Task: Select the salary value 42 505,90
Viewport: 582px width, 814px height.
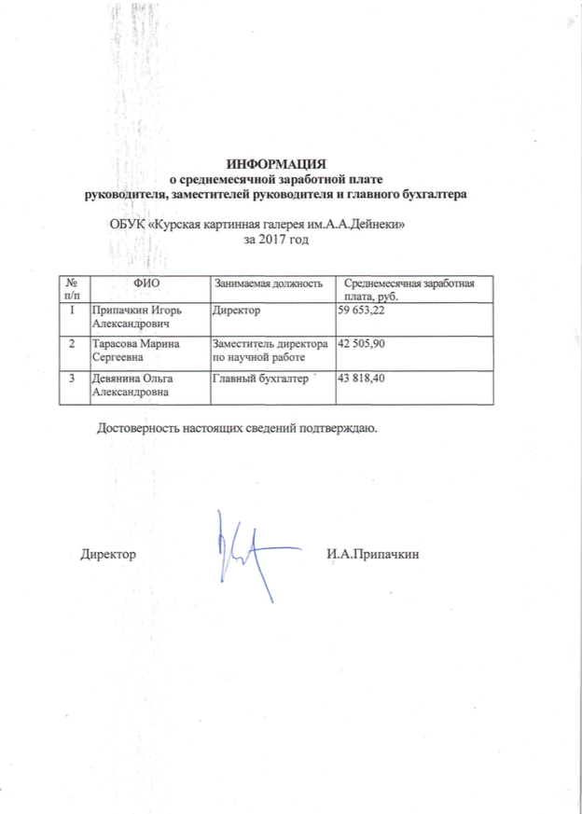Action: click(x=364, y=345)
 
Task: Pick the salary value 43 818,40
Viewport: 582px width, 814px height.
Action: click(x=364, y=379)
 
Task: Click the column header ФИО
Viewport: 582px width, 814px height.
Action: click(x=147, y=282)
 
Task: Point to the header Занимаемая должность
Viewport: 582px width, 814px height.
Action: click(x=270, y=283)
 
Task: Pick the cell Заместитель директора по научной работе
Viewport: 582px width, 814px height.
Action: click(x=269, y=351)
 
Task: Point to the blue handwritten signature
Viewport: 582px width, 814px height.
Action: click(x=244, y=549)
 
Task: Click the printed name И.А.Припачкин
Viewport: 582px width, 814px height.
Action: click(x=373, y=554)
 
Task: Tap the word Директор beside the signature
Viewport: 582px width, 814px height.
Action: click(x=108, y=554)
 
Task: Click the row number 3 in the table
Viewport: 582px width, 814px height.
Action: click(x=72, y=379)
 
